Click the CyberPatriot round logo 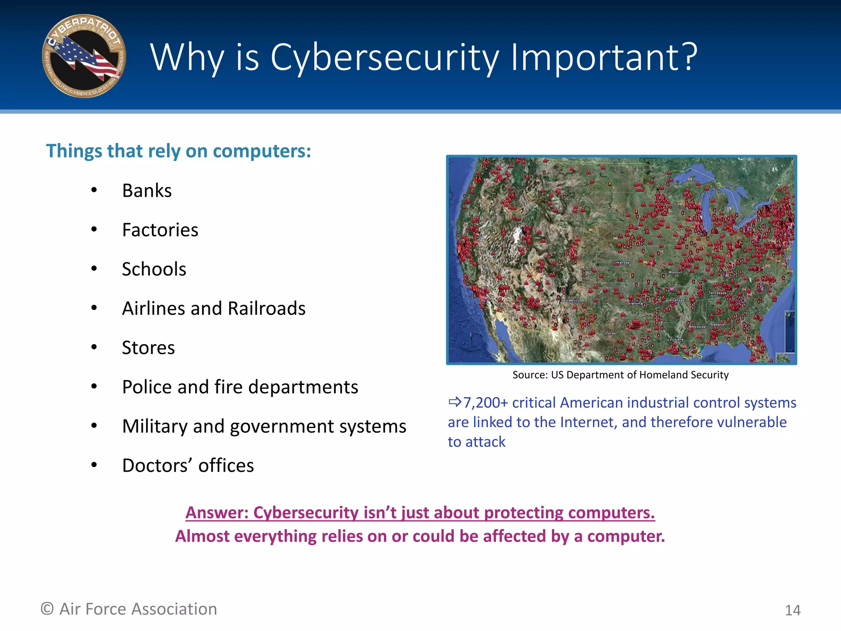(84, 56)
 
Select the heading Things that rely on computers (178, 151)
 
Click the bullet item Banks (147, 191)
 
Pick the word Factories (160, 230)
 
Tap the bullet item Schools (154, 269)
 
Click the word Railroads (267, 309)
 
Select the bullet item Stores (148, 348)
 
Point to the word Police (147, 387)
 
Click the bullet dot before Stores (94, 348)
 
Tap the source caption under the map (620, 375)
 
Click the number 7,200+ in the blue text (485, 403)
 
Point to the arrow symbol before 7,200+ (455, 402)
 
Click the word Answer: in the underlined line (216, 513)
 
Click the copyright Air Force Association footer (129, 609)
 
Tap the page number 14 (793, 610)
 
